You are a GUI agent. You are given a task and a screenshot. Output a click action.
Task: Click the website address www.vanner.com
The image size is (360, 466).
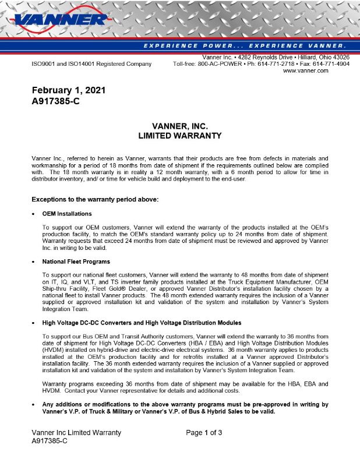click(305, 70)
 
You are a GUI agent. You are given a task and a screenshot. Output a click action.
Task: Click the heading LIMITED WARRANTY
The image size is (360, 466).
click(179, 136)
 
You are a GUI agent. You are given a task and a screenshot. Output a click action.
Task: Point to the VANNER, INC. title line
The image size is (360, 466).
click(179, 126)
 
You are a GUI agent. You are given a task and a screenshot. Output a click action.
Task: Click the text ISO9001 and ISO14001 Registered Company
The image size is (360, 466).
click(91, 64)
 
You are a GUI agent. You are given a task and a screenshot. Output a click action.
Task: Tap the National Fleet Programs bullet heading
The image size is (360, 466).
click(76, 262)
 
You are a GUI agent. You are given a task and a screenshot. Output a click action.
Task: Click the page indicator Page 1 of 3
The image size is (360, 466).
click(204, 433)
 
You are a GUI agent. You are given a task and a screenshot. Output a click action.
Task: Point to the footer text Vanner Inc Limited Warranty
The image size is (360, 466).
click(76, 433)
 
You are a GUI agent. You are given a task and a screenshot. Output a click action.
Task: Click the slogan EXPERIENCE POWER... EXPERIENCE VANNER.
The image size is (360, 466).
click(244, 45)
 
